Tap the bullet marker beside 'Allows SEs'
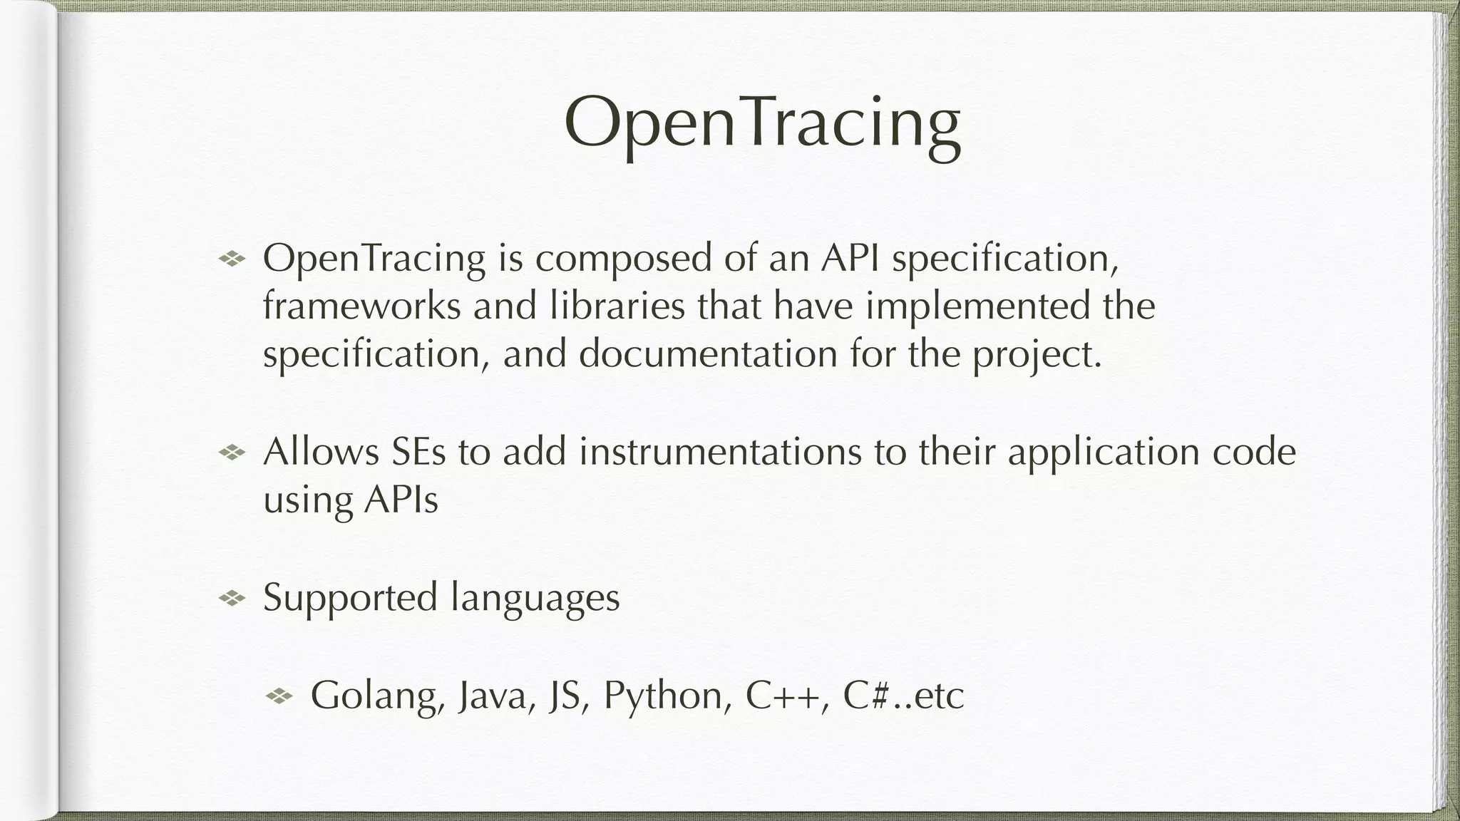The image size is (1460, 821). click(232, 452)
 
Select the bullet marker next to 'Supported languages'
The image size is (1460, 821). click(232, 599)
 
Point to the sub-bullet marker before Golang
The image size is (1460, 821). click(279, 696)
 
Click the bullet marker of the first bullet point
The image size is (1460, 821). click(232, 258)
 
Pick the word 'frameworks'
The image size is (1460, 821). click(361, 306)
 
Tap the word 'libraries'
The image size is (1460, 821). click(617, 306)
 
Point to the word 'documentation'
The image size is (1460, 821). click(708, 354)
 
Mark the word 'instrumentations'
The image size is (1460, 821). click(720, 452)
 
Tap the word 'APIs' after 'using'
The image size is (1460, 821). click(401, 500)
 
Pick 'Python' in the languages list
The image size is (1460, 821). click(662, 697)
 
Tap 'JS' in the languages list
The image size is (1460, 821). click(565, 696)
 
